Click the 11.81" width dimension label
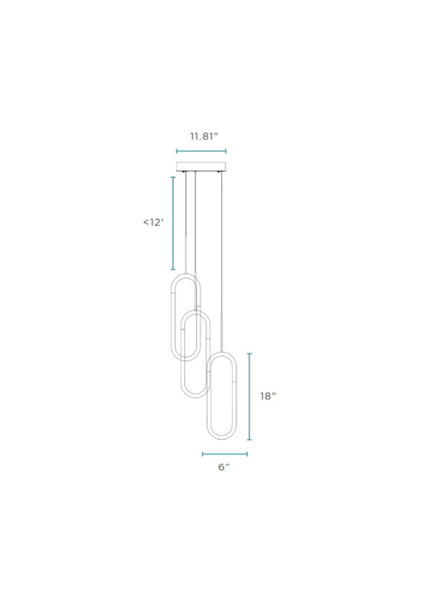[x=203, y=134]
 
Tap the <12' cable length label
[x=153, y=222]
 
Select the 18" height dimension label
[x=268, y=396]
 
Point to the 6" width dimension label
[x=224, y=467]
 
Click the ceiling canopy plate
[x=202, y=166]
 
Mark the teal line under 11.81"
[x=202, y=151]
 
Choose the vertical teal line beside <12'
[x=173, y=222]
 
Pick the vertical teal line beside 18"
[x=249, y=395]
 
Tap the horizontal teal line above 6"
[x=224, y=454]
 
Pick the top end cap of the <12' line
[x=173, y=177]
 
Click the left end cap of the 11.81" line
[x=176, y=151]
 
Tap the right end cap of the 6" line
[x=247, y=454]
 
